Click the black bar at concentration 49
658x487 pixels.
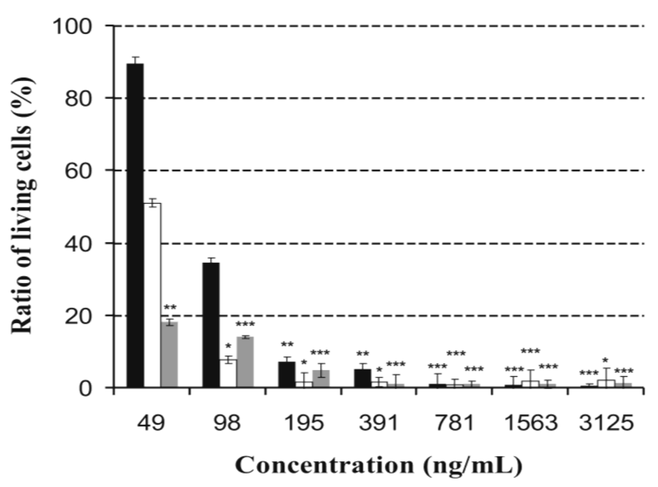point(135,226)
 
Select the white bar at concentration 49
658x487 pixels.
point(152,295)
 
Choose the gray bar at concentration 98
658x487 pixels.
point(245,362)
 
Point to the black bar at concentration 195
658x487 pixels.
point(287,375)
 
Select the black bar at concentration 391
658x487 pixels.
point(362,378)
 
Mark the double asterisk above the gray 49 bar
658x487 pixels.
point(170,308)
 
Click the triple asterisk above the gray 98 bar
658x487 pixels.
point(245,325)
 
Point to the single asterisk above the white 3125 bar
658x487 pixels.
point(606,361)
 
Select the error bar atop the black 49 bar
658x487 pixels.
point(135,60)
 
